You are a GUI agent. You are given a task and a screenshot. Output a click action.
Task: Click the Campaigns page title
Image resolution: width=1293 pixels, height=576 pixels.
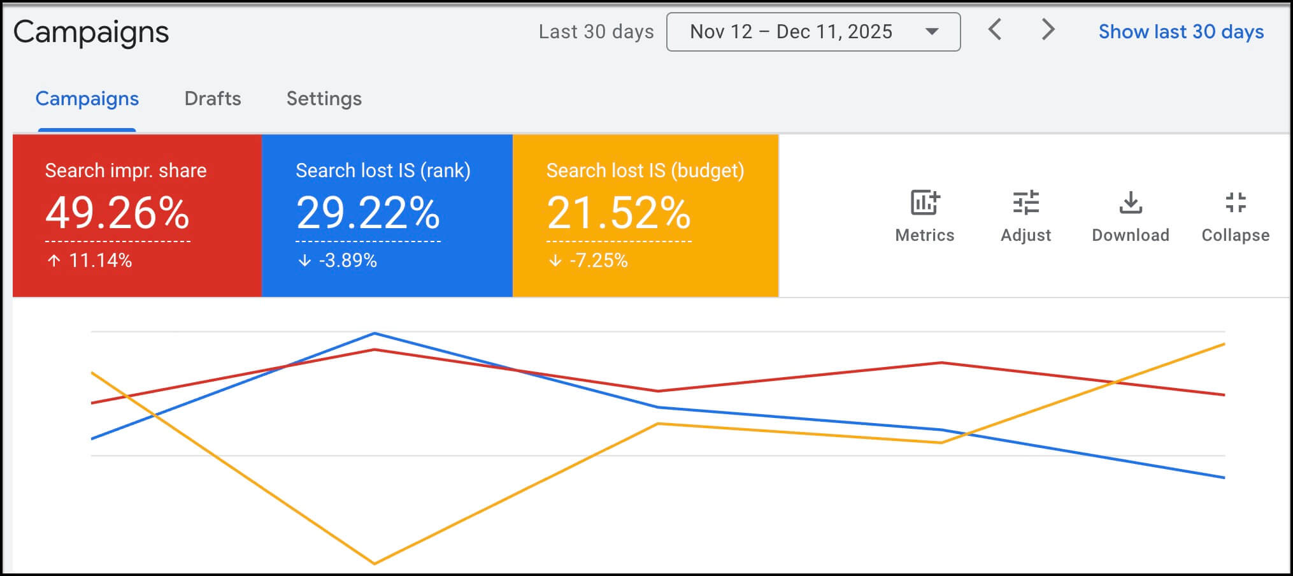pos(91,32)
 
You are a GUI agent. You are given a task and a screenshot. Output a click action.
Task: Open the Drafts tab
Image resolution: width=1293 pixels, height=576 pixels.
pos(213,99)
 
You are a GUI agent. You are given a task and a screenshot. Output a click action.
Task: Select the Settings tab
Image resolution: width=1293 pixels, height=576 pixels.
pos(324,99)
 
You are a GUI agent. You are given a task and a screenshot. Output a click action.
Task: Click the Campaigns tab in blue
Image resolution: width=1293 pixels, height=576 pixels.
pos(87,99)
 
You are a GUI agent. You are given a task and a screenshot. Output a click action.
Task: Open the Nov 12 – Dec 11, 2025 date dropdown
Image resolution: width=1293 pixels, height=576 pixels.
pos(813,32)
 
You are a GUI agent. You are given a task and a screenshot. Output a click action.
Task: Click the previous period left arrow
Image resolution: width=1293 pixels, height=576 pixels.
pos(995,30)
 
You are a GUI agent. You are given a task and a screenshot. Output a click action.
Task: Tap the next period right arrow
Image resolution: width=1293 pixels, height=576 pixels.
pos(1048,30)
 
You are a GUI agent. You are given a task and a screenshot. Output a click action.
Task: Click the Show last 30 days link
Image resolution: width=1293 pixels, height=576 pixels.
pos(1181,32)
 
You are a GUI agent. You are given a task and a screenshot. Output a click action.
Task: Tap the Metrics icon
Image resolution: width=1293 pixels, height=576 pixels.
pos(924,203)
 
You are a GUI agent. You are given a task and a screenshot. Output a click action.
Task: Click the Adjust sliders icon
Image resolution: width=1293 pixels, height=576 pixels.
pos(1025,203)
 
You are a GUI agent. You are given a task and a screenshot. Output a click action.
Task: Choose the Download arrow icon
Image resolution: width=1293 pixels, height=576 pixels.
pos(1131,203)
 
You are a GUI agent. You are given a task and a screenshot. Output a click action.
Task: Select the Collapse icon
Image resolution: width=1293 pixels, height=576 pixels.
pos(1236,203)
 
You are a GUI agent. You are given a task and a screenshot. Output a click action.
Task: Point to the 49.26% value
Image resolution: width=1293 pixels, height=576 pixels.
pos(117,213)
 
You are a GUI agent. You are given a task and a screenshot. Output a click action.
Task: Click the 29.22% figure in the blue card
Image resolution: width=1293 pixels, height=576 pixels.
pos(368,213)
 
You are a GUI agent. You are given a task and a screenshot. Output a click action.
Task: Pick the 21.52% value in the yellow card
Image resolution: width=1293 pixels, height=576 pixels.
pos(618,213)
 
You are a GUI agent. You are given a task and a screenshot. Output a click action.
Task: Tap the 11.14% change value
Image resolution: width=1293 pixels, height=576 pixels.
pos(100,261)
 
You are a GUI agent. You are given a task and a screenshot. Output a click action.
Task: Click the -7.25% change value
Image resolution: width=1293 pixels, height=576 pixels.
pos(598,261)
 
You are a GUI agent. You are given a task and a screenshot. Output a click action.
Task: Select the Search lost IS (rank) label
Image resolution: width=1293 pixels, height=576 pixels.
pos(383,171)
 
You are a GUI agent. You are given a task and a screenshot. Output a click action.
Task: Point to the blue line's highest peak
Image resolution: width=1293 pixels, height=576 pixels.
pos(375,333)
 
